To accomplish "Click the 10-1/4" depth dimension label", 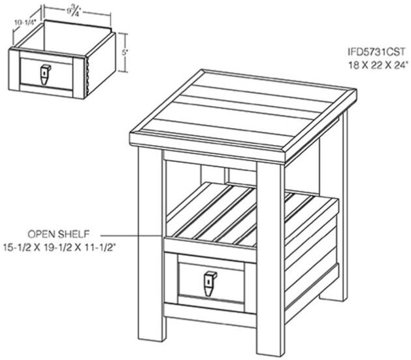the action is pyautogui.click(x=25, y=22).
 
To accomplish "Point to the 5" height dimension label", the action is pyautogui.click(x=125, y=52).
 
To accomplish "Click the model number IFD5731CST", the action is pyautogui.click(x=376, y=52).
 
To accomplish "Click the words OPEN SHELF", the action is pyautogui.click(x=58, y=234).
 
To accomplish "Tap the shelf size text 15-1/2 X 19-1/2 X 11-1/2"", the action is pyautogui.click(x=59, y=248).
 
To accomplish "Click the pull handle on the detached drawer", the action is pyautogui.click(x=45, y=74).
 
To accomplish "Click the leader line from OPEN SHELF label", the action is pyautogui.click(x=132, y=236).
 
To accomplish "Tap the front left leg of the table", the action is pyautogui.click(x=151, y=244).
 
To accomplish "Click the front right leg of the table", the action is pyautogui.click(x=270, y=259).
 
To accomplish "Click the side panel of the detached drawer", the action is pyautogui.click(x=101, y=65).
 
